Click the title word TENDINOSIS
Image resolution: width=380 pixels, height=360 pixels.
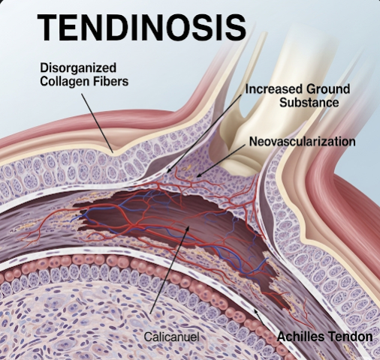[x=142, y=27]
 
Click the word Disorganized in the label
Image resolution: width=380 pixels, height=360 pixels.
[x=78, y=68]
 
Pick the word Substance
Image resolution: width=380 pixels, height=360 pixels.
[x=309, y=103]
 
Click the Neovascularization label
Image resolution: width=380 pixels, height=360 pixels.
[x=303, y=142]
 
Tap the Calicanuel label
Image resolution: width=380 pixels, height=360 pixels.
[x=171, y=337]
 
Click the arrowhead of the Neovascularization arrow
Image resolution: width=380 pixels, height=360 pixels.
[x=198, y=175]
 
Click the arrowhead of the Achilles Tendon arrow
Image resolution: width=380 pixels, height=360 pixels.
[x=255, y=310]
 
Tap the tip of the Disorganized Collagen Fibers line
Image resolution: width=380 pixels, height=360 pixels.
[x=113, y=152]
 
